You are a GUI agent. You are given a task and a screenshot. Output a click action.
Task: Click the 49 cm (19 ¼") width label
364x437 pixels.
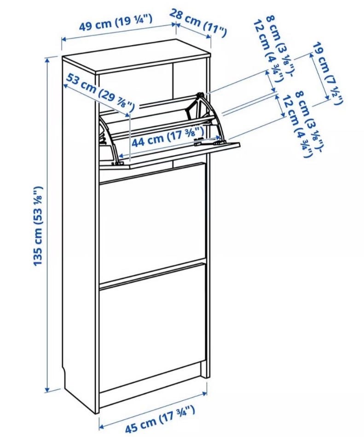coord(116,23)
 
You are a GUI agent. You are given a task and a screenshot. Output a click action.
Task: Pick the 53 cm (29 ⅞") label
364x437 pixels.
coord(100,91)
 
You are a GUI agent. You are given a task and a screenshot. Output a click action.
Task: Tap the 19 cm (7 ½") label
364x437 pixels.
coord(327,74)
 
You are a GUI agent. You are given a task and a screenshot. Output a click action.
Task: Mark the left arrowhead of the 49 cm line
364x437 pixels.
coord(64,40)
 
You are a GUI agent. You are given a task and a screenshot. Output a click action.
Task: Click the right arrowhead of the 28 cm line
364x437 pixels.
coord(208,37)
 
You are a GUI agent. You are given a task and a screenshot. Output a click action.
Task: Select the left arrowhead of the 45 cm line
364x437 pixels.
coord(102,427)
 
